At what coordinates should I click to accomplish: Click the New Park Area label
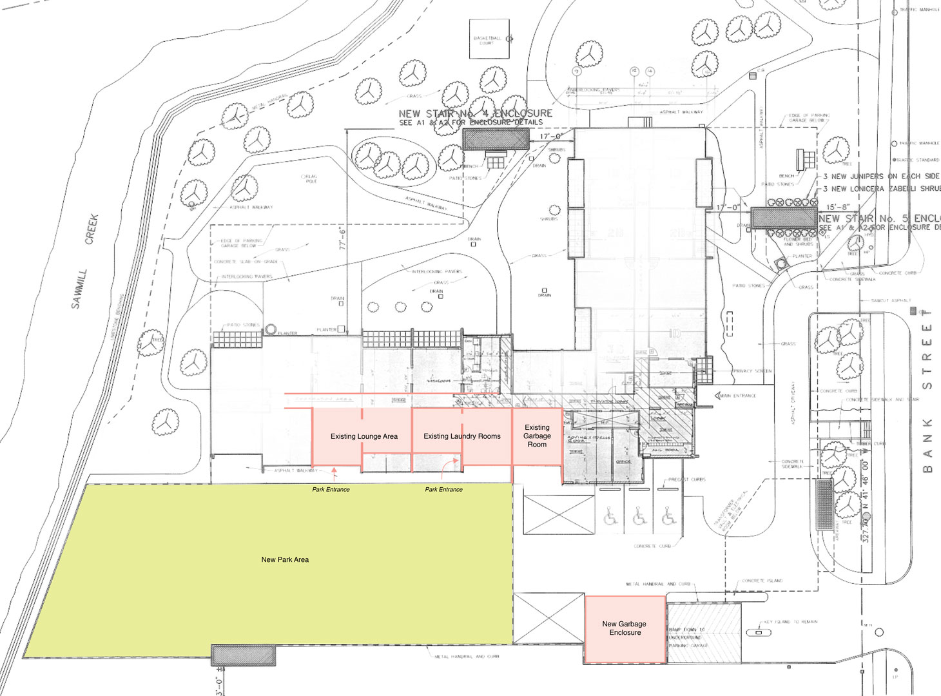(x=285, y=559)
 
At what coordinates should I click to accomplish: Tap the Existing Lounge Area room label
(x=364, y=436)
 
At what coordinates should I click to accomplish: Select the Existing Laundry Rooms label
(x=461, y=436)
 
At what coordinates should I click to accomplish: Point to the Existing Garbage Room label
(x=537, y=436)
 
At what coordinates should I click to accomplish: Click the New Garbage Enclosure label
(x=625, y=628)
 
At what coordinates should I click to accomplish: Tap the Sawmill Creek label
(x=84, y=261)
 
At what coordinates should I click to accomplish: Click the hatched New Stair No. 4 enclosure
(x=496, y=138)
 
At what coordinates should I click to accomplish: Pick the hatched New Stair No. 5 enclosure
(x=784, y=217)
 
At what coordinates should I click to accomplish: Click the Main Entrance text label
(x=738, y=396)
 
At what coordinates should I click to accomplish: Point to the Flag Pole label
(x=311, y=179)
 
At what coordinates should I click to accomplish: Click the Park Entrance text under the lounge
(x=331, y=490)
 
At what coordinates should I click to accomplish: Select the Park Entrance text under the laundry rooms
(x=443, y=490)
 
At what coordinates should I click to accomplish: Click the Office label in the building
(x=623, y=462)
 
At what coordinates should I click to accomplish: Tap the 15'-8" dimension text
(x=838, y=208)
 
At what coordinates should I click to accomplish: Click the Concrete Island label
(x=762, y=581)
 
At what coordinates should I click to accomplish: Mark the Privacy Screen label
(x=752, y=371)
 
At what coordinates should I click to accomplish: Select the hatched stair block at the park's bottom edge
(x=243, y=655)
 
